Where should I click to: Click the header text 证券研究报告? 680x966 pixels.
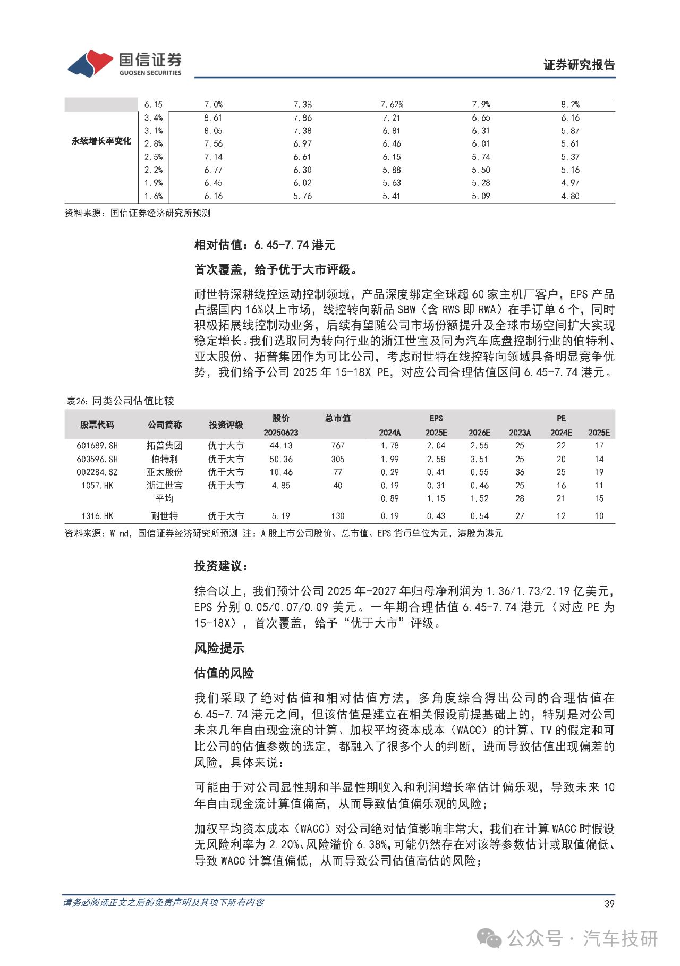coord(579,65)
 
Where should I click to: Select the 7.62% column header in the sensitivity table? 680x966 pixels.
coord(392,105)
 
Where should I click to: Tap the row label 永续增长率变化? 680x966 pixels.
coord(101,141)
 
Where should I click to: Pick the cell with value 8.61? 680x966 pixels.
coord(213,118)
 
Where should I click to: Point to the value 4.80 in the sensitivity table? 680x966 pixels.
coord(570,196)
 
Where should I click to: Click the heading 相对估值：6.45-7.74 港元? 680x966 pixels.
coord(265,245)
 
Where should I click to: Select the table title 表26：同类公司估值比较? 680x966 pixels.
coord(120,401)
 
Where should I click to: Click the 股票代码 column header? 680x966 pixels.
coord(97,425)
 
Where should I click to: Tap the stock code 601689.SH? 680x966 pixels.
coord(97,446)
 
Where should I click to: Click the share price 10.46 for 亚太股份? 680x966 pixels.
coord(281,472)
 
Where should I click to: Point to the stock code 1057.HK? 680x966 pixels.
coord(97,486)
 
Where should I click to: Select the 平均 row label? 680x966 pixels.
coord(165,498)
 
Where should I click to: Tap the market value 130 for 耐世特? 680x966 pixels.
coord(338,516)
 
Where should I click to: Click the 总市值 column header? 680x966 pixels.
coord(338,418)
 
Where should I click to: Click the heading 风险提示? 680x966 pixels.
coord(219,648)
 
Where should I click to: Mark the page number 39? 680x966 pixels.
coord(609,904)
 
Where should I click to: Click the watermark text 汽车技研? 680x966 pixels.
coord(620,939)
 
